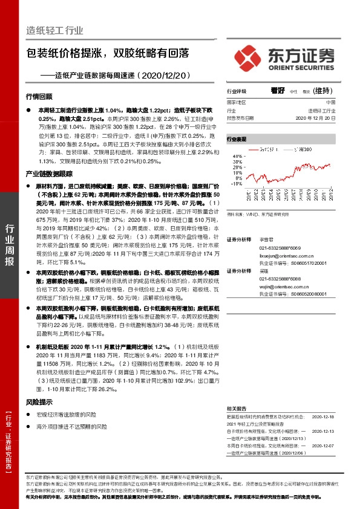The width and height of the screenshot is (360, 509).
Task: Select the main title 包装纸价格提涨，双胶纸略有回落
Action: click(x=106, y=54)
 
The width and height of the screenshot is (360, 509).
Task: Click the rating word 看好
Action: click(x=278, y=91)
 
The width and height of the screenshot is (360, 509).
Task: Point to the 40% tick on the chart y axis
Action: click(x=237, y=156)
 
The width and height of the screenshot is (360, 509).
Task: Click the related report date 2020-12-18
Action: click(x=323, y=417)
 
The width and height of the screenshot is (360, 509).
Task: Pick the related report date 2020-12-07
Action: click(x=323, y=445)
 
